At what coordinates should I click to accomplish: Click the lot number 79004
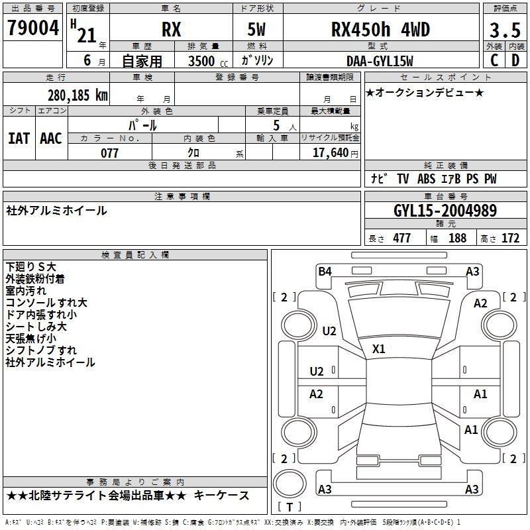33,28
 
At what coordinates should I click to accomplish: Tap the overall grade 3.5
505,30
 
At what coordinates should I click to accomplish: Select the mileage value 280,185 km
78,95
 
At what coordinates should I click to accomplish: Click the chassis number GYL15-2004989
445,211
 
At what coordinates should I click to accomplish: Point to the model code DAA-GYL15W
380,61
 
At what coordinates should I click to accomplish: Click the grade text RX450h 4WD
380,29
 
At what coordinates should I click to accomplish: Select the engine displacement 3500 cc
208,61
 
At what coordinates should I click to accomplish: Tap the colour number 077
109,153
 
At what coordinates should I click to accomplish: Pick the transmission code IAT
19,138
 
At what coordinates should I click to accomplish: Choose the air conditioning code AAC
51,138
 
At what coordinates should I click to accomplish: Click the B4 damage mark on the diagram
325,271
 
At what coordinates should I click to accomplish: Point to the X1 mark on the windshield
378,349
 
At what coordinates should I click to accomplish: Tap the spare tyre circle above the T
290,484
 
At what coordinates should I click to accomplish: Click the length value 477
402,238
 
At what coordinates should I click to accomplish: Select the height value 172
510,238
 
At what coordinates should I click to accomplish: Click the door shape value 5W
256,29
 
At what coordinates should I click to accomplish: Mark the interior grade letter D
515,60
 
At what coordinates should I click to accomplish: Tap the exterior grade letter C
494,60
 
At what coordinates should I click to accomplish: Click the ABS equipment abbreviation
426,179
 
